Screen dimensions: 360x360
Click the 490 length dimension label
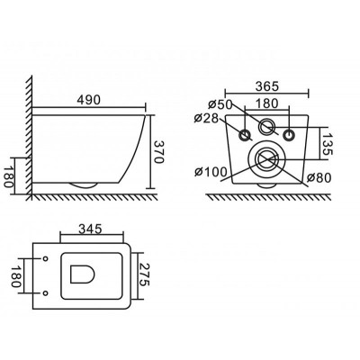pyautogui.click(x=89, y=100)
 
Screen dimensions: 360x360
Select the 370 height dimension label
pyautogui.click(x=158, y=152)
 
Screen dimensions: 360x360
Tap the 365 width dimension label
pyautogui.click(x=267, y=86)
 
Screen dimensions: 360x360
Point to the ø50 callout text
pyautogui.click(x=220, y=104)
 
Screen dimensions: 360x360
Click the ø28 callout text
pyautogui.click(x=206, y=118)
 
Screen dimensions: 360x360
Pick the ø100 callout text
pyautogui.click(x=211, y=172)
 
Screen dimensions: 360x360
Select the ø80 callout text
pyautogui.click(x=319, y=178)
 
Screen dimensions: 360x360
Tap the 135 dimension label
pyautogui.click(x=327, y=144)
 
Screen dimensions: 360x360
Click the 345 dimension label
pyautogui.click(x=90, y=229)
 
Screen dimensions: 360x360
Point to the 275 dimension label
pyautogui.click(x=144, y=274)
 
